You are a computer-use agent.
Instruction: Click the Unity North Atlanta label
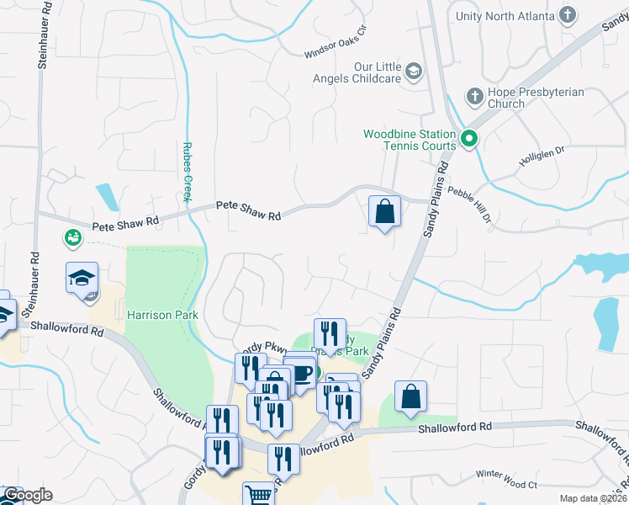(x=505, y=16)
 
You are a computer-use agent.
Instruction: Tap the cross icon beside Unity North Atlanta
(x=568, y=15)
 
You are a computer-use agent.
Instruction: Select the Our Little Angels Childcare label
(x=375, y=73)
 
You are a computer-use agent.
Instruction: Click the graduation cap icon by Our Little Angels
(x=413, y=72)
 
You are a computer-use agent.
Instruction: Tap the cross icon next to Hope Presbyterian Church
(x=473, y=96)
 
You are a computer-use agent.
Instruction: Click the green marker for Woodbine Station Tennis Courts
(x=469, y=139)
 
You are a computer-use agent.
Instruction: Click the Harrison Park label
(x=162, y=315)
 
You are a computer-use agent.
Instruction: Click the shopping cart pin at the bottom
(x=258, y=495)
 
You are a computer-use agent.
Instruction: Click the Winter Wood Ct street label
(x=505, y=486)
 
